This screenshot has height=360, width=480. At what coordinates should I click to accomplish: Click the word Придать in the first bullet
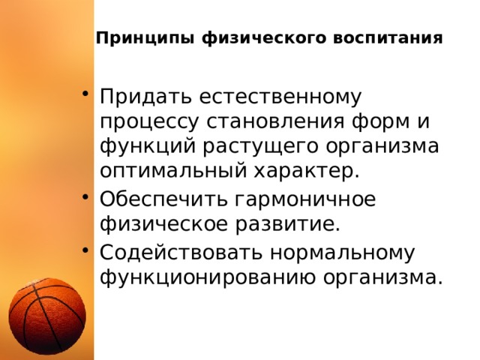point(139,97)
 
